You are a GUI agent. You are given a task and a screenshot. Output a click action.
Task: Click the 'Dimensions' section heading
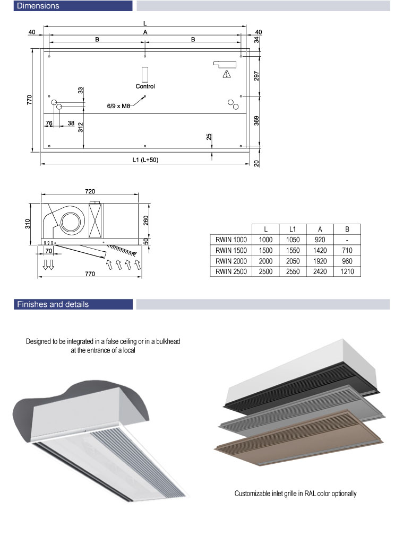[x=38, y=6]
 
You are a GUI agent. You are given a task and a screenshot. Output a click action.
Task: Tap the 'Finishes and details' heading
[x=53, y=304]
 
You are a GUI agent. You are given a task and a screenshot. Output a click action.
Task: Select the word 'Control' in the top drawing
[x=145, y=86]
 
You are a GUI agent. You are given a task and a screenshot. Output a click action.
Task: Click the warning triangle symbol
[x=226, y=74]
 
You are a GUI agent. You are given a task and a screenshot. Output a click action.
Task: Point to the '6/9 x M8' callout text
[x=118, y=106]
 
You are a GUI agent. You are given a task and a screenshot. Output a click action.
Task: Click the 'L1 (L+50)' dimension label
[x=145, y=160]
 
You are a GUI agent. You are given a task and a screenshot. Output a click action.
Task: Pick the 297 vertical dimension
[x=256, y=76]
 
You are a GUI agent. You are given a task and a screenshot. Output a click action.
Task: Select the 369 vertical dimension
[x=256, y=121]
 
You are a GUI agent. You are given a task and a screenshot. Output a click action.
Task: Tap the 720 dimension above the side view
[x=90, y=191]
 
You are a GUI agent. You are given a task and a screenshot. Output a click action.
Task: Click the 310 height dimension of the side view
[x=28, y=224]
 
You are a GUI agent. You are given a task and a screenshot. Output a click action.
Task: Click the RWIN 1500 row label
[x=231, y=251]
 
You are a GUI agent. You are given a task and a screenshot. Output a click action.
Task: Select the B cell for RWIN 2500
[x=347, y=271]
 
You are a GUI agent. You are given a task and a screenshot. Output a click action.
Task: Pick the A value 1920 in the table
[x=320, y=261]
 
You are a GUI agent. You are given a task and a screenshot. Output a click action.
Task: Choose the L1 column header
[x=293, y=229]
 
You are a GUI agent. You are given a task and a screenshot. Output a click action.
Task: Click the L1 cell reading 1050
[x=293, y=240]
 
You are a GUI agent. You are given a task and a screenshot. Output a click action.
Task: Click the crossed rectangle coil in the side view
[x=96, y=221]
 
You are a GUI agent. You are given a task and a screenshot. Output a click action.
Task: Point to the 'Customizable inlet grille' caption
[x=295, y=493]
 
